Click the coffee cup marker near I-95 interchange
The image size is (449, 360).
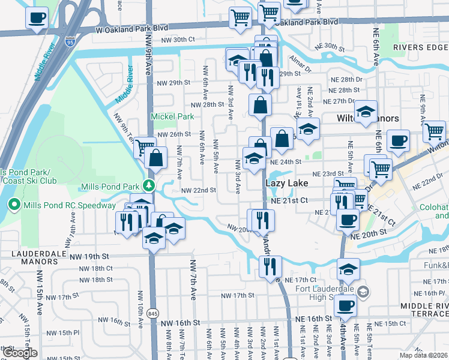point(37,18)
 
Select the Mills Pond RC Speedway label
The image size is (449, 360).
point(69,205)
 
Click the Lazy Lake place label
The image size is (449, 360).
point(287,183)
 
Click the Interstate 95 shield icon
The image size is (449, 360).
point(70,43)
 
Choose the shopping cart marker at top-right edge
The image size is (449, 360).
point(434,131)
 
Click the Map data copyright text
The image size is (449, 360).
point(423,355)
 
